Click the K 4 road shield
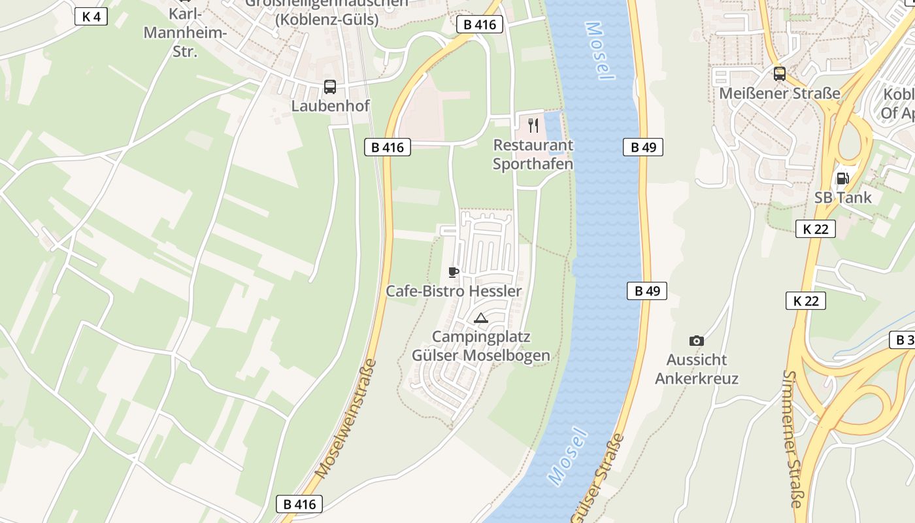pyautogui.click(x=91, y=16)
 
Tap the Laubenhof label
pyautogui.click(x=330, y=105)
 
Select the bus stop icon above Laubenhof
pyautogui.click(x=330, y=86)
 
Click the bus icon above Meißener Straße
pyautogui.click(x=779, y=74)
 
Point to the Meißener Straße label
pyautogui.click(x=779, y=93)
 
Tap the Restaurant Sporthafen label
pyautogui.click(x=533, y=154)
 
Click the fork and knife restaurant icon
pyautogui.click(x=533, y=125)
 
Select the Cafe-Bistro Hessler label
pyautogui.click(x=454, y=291)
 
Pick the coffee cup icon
pyautogui.click(x=454, y=272)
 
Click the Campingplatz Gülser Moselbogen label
pyautogui.click(x=480, y=346)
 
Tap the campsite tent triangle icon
pyautogui.click(x=481, y=318)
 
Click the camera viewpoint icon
pyautogui.click(x=697, y=341)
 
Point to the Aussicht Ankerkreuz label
pyautogui.click(x=697, y=369)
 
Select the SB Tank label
pyautogui.click(x=842, y=197)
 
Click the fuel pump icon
pyautogui.click(x=842, y=178)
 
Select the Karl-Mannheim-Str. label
pyautogui.click(x=185, y=32)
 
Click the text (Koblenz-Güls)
pyautogui.click(x=326, y=20)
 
